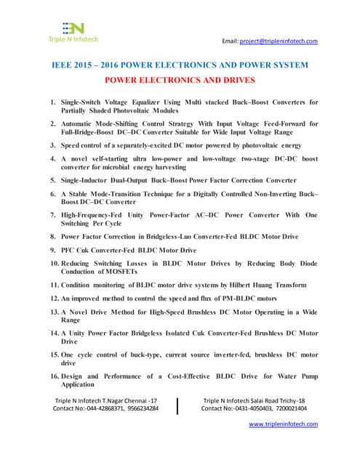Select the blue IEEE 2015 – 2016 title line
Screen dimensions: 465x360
pos(180,65)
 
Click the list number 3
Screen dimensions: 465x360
pos(53,145)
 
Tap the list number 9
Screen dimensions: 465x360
pos(53,250)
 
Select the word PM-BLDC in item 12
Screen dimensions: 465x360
pos(217,299)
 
